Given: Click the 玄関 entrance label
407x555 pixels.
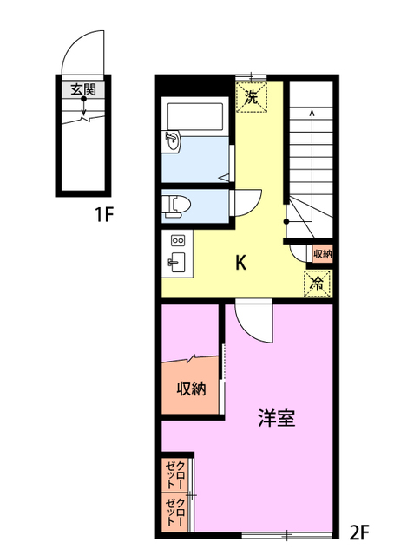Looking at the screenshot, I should [x=83, y=89].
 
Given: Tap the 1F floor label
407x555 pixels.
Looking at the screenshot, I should [x=106, y=213].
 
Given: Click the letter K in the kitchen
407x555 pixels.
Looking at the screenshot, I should [x=245, y=264].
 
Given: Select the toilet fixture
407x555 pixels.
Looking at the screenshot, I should [x=177, y=204].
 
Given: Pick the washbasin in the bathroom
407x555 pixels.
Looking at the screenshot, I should [x=172, y=141].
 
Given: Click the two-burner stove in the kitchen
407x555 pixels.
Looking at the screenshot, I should [x=178, y=240].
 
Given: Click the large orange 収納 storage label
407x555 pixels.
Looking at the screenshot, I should [x=191, y=388].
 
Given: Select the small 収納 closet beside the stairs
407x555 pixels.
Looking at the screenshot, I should [x=322, y=253].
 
